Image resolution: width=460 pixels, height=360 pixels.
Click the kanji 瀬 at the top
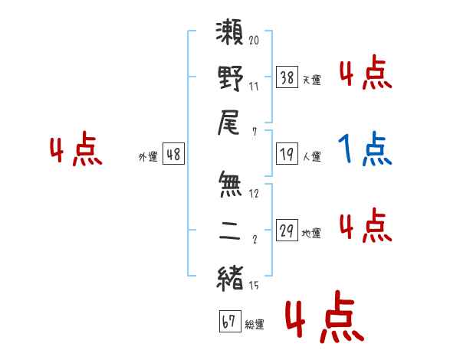pyautogui.click(x=229, y=32)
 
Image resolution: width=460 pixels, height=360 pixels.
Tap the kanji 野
pyautogui.click(x=230, y=78)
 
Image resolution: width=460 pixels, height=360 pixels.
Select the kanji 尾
pyautogui.click(x=228, y=123)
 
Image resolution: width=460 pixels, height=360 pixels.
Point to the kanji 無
pyautogui.click(x=230, y=184)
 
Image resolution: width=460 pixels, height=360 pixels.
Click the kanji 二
pyautogui.click(x=230, y=231)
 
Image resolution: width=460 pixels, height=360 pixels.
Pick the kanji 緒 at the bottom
pyautogui.click(x=230, y=278)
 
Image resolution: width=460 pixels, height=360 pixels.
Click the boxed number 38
pyautogui.click(x=287, y=77)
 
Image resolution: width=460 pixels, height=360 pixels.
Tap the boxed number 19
pyautogui.click(x=287, y=154)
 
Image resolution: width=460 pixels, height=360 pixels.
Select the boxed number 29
pyautogui.click(x=287, y=230)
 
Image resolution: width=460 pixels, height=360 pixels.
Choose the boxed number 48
pyautogui.click(x=173, y=154)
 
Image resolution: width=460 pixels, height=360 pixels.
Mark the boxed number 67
pyautogui.click(x=230, y=321)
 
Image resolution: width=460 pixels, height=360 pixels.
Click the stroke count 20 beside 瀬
pyautogui.click(x=254, y=40)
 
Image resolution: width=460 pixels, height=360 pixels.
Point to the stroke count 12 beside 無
pyautogui.click(x=254, y=194)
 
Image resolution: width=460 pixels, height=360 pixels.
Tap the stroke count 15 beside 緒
pyautogui.click(x=254, y=285)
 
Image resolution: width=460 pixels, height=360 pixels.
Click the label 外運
pyautogui.click(x=148, y=157)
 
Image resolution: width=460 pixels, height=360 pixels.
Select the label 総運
pyautogui.click(x=255, y=325)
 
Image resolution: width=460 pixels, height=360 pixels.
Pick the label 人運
pyautogui.click(x=312, y=157)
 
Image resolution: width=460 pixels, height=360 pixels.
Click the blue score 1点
pyautogui.click(x=365, y=149)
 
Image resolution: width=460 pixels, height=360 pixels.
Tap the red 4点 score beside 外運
pyautogui.click(x=76, y=149)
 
